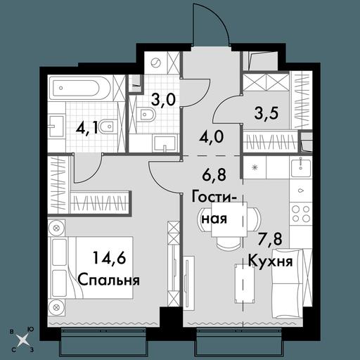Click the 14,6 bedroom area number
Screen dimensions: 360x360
click(x=110, y=258)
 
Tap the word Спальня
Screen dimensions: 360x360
click(x=109, y=280)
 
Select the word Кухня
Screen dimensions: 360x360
click(x=271, y=261)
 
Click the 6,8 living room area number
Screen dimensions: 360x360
click(x=214, y=175)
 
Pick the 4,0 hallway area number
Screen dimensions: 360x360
click(x=212, y=137)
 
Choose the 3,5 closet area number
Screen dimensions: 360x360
click(x=266, y=113)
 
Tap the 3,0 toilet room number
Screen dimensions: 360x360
click(x=163, y=100)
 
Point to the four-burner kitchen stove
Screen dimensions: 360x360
click(x=301, y=214)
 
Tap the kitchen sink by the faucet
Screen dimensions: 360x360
click(x=301, y=167)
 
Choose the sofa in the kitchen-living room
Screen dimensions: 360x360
click(x=292, y=283)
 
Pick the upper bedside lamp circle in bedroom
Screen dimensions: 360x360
click(x=56, y=228)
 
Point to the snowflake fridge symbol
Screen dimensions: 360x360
click(x=255, y=167)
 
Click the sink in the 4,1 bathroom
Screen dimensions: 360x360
click(x=56, y=126)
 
